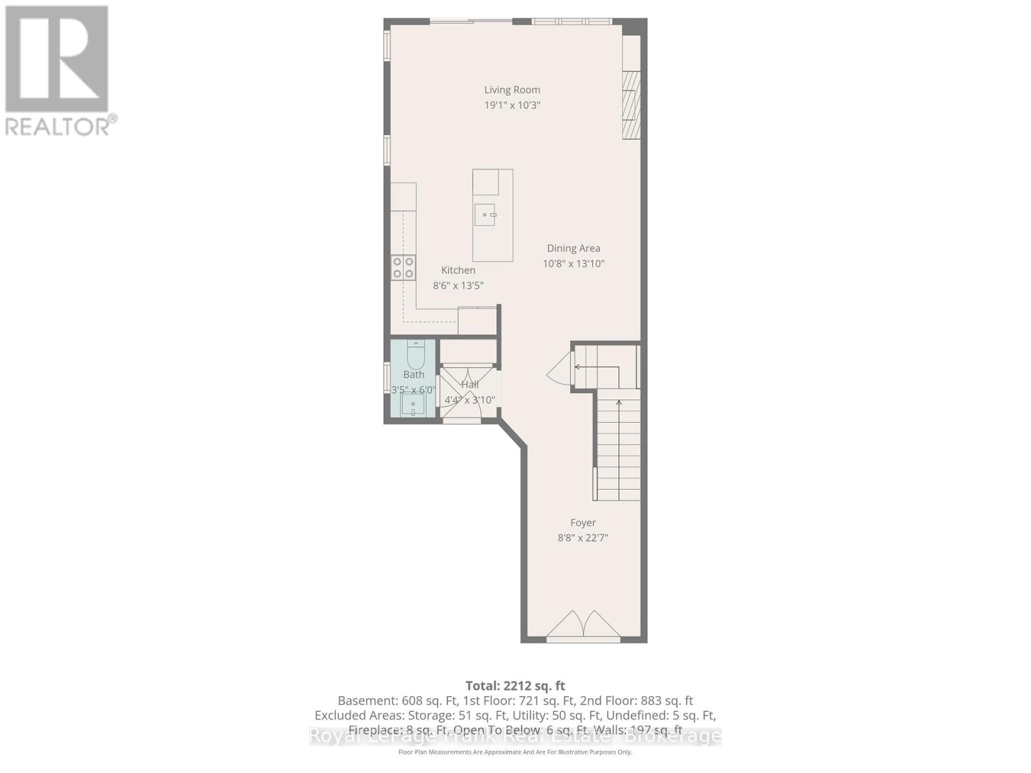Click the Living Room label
coord(512,90)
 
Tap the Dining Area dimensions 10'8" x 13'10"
coord(573,263)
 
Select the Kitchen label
coord(458,271)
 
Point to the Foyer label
coord(583,523)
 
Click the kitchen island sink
coord(485,215)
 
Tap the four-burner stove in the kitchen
coord(403,267)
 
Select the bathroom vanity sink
coord(413,405)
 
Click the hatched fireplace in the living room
coord(631,105)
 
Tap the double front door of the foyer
coord(583,625)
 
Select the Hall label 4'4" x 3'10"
coord(470,392)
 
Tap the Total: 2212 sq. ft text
coord(515,686)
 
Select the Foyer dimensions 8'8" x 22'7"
coord(583,538)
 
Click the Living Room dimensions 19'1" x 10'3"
coord(512,105)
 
